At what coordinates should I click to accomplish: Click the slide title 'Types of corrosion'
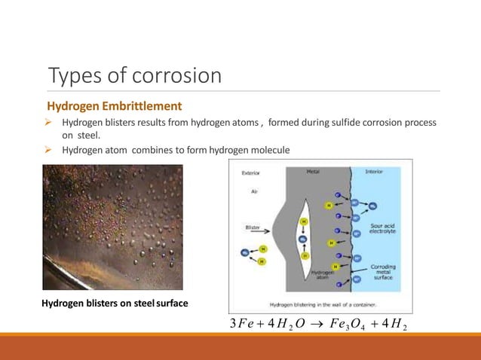coord(134,76)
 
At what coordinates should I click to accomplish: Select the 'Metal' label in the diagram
coord(313,171)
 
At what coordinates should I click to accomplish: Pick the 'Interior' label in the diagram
coord(374,171)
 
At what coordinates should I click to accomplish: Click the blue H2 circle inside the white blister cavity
coord(304,238)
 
